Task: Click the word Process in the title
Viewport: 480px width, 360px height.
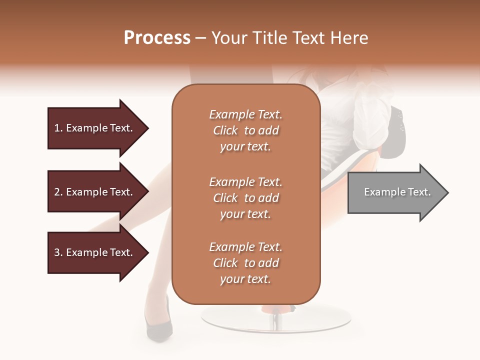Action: pos(157,37)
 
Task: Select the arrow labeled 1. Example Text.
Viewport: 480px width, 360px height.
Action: pos(95,128)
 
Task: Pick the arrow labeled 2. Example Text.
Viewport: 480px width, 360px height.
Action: pos(95,192)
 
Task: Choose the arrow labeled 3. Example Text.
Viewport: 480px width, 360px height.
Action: pos(95,252)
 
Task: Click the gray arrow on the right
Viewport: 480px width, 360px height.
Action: pos(395,192)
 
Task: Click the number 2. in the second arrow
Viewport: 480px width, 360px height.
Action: pos(58,192)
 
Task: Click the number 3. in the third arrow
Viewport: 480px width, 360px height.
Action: pos(58,252)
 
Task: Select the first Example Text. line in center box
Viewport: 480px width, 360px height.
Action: pos(245,114)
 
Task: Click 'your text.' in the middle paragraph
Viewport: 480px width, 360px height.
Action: pos(245,214)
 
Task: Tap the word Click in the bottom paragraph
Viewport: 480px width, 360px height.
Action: pos(225,263)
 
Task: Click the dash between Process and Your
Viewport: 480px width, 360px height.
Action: pos(201,38)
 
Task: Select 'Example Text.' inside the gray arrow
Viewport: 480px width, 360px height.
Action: pos(397,192)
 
